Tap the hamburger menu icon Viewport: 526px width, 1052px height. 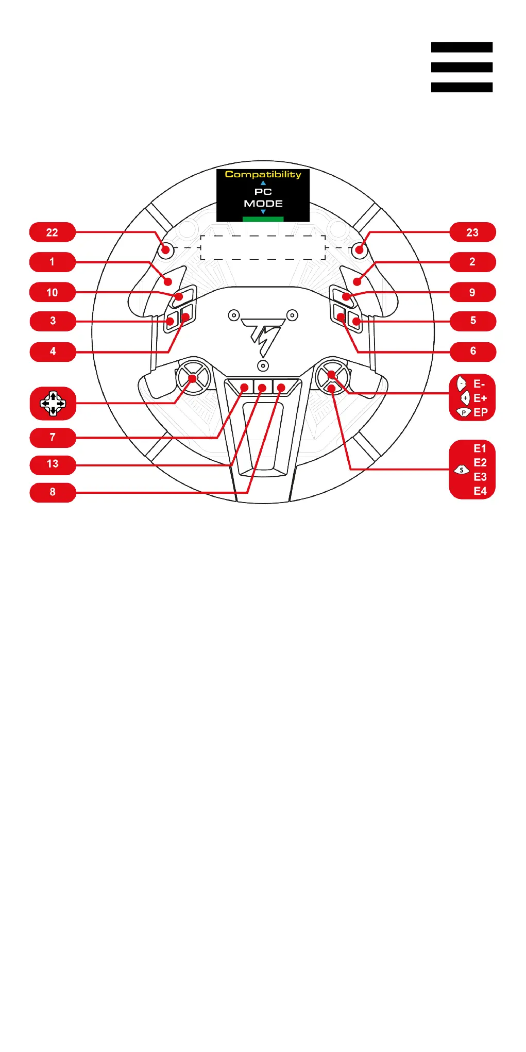tap(462, 67)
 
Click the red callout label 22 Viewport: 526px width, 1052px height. tap(53, 232)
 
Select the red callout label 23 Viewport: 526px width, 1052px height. tap(472, 232)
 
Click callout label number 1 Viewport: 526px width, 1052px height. tap(53, 262)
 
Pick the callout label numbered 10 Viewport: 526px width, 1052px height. tap(53, 292)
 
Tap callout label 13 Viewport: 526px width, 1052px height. tap(53, 464)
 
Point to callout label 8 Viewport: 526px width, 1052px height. tap(53, 492)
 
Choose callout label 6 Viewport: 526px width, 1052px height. tap(472, 351)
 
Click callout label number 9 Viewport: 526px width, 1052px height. tap(472, 292)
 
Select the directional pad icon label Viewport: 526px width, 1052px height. tap(53, 403)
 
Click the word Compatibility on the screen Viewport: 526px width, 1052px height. tap(263, 175)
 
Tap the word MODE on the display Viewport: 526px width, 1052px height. tap(263, 204)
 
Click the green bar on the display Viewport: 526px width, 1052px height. tap(263, 219)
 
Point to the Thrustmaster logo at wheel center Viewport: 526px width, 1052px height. tap(263, 336)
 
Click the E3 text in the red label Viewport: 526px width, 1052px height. tap(480, 477)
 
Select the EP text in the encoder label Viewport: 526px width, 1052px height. tap(480, 412)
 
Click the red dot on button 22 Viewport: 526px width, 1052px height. tap(165, 251)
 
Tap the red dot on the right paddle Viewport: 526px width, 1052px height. tap(357, 281)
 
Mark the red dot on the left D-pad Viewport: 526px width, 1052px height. tap(193, 379)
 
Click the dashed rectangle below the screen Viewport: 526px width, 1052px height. tap(263, 247)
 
